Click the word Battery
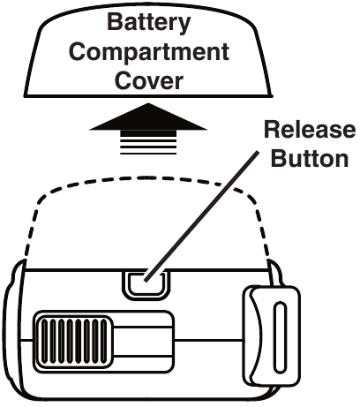tap(149, 23)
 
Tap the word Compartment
tap(149, 52)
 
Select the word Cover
tap(149, 80)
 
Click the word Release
tap(310, 130)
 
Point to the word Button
tap(310, 158)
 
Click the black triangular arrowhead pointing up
tap(148, 117)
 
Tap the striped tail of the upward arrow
tap(148, 143)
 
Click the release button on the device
tap(146, 284)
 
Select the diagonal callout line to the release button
tap(202, 216)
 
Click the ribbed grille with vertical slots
tap(74, 342)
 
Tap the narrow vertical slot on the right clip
tap(280, 337)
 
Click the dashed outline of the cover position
tap(146, 178)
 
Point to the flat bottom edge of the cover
tap(148, 95)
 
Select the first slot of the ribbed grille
tap(44, 342)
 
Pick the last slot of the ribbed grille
tap(104, 342)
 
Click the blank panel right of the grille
tap(143, 342)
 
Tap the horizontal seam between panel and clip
tap(209, 341)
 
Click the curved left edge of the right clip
tap(257, 336)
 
